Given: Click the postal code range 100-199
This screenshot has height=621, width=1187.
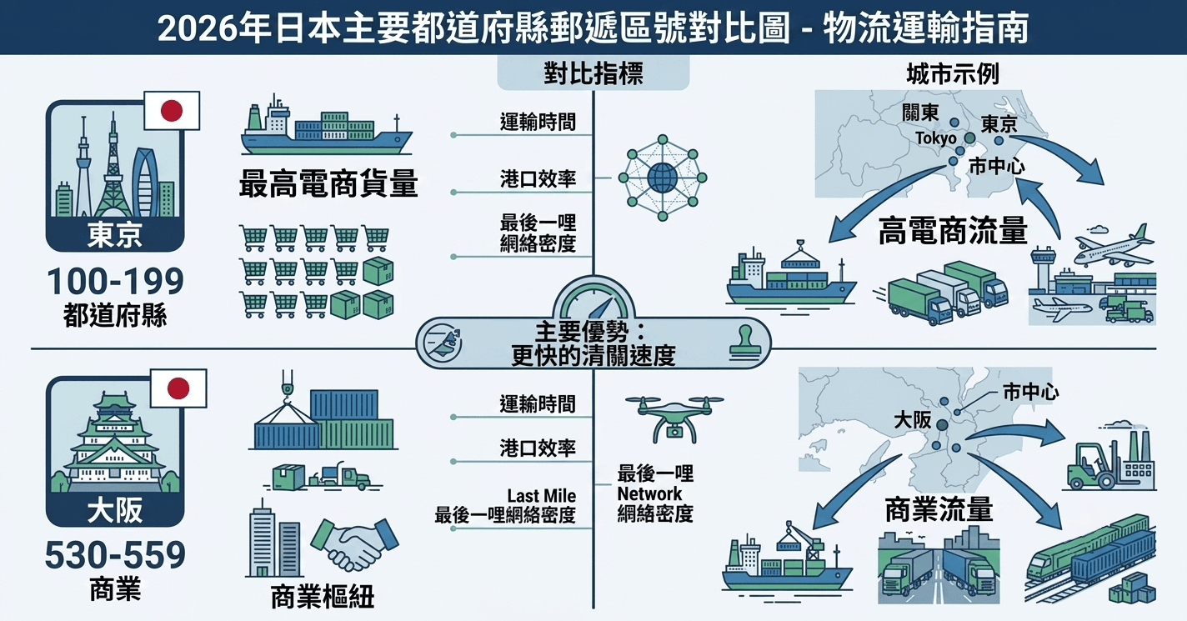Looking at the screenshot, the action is [116, 282].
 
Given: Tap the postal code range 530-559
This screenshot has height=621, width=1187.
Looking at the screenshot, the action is [116, 555].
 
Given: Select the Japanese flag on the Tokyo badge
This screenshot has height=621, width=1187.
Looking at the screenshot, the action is [172, 111].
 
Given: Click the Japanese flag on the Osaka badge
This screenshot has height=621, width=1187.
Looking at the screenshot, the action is [178, 388].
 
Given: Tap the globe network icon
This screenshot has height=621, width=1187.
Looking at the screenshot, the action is [663, 178].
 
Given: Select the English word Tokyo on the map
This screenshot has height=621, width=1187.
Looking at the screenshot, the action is [936, 138].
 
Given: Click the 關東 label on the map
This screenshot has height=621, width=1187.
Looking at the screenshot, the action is [920, 113].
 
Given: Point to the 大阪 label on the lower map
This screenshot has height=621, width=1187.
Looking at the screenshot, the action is [913, 420].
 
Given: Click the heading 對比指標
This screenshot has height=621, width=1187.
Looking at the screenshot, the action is [593, 73].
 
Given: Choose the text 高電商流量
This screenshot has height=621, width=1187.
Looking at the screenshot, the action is [953, 231].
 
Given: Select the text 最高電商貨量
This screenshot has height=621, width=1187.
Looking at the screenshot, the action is [328, 183].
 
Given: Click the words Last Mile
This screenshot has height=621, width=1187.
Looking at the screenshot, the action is [541, 496].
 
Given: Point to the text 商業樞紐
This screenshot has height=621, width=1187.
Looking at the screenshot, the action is [323, 597].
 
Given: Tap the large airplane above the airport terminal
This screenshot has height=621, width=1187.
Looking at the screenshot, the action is [1114, 248].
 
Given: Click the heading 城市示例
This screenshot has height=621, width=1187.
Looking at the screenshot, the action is [953, 74].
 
